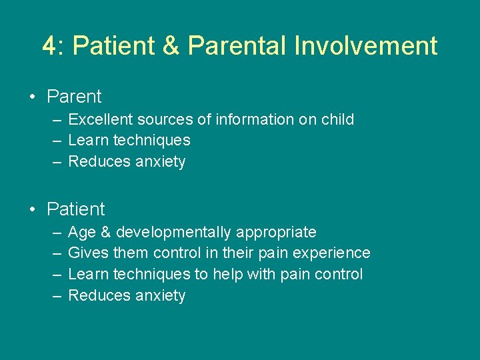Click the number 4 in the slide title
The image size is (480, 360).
(49, 46)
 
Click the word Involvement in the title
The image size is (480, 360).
(365, 46)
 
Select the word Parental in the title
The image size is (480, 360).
(236, 46)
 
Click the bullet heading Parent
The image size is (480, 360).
(74, 97)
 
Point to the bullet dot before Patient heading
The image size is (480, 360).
(33, 209)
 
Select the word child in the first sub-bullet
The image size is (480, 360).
(337, 120)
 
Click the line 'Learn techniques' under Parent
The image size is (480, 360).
(129, 141)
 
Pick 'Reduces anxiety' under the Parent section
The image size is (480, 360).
(127, 162)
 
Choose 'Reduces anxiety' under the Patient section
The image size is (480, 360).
(127, 296)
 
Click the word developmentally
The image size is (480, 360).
(174, 233)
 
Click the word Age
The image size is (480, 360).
(82, 233)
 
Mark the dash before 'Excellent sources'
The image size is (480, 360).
(57, 120)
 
